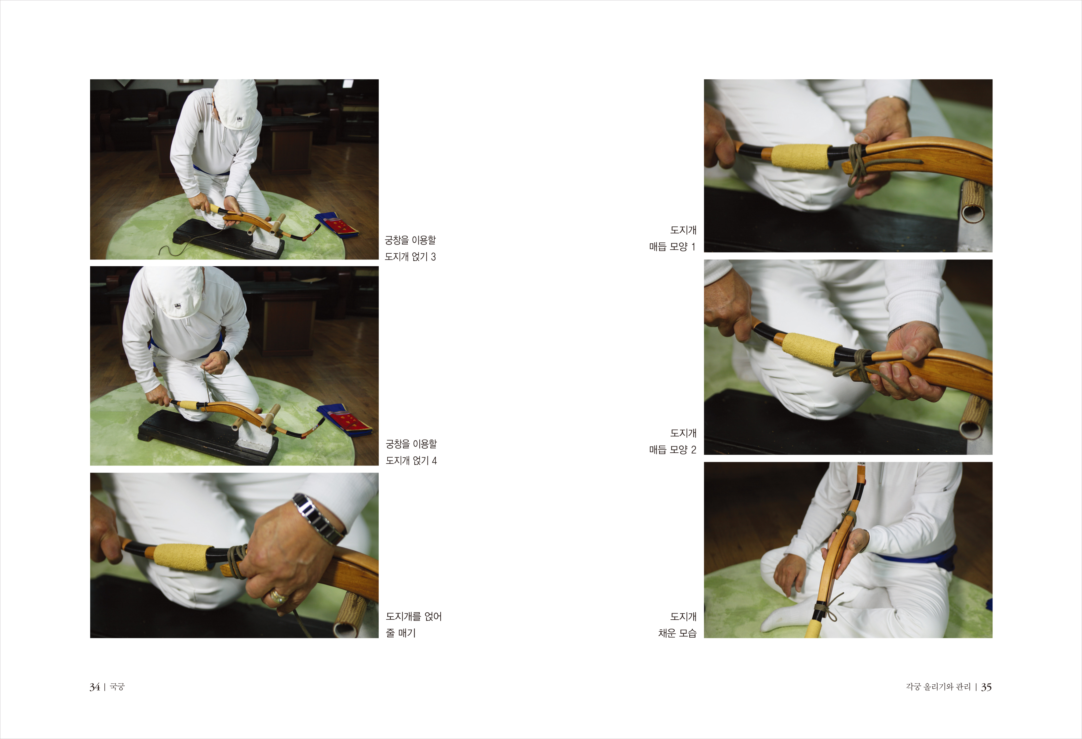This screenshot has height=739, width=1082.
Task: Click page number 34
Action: pyautogui.click(x=94, y=687)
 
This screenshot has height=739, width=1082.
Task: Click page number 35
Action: pyautogui.click(x=986, y=687)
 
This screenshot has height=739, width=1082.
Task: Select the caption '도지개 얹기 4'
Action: pyautogui.click(x=411, y=461)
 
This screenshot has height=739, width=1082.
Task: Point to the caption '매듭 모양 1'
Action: pyautogui.click(x=672, y=247)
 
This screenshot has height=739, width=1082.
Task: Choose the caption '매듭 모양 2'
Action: pyautogui.click(x=672, y=450)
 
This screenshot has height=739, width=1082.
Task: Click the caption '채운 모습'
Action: pyautogui.click(x=677, y=633)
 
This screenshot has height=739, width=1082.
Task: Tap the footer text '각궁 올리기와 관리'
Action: pyautogui.click(x=938, y=687)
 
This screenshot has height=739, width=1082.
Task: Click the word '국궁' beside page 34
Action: pyautogui.click(x=117, y=687)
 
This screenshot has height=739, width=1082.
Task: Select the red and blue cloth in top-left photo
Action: pyautogui.click(x=337, y=225)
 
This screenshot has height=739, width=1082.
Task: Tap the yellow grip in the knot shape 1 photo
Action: pyautogui.click(x=800, y=156)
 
